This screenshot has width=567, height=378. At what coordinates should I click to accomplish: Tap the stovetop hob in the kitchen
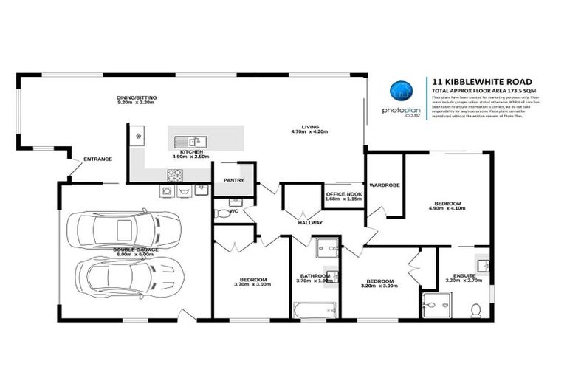point(175,175)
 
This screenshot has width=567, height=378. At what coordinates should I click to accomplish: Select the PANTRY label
point(233,179)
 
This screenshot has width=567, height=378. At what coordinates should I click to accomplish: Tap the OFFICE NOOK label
point(343,194)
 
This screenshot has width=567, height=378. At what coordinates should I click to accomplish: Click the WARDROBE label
point(385,185)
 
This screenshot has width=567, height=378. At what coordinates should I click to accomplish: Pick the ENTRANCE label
point(97,159)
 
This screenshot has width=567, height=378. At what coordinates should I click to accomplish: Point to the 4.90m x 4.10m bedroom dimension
point(447,210)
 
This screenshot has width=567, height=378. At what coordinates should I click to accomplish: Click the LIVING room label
point(304,126)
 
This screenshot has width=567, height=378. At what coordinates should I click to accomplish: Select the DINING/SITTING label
point(137,97)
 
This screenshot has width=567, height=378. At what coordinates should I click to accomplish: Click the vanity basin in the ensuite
point(482,264)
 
